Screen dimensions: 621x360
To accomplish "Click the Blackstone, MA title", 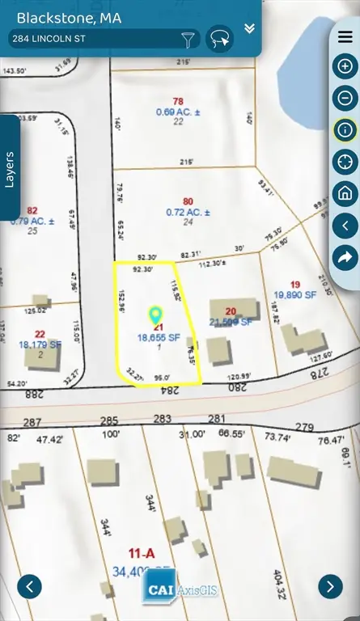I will (69, 17).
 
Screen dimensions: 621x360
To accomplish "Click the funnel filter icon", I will (188, 39).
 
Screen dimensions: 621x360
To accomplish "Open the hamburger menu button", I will (345, 37).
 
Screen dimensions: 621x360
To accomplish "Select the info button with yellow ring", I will (345, 129).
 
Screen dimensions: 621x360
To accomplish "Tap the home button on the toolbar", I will (345, 193).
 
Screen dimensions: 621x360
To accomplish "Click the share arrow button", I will (345, 256).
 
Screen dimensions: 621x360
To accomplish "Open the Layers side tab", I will (10, 168).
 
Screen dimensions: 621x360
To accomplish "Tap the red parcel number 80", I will (188, 201).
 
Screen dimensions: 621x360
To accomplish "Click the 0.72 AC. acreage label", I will (188, 212).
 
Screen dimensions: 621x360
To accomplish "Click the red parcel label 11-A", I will (142, 553).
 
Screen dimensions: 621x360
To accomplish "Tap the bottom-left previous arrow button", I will (29, 586).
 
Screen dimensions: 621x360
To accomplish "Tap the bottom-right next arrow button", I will (330, 586).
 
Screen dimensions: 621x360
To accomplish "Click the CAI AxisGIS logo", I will (180, 589).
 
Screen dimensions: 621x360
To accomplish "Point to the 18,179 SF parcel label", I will (39, 344).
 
